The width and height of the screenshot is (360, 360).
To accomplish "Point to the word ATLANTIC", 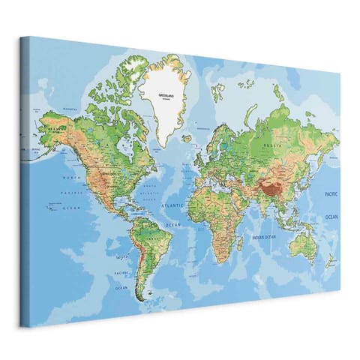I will coord(172,205).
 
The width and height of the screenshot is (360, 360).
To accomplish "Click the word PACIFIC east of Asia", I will coord(331,193).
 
